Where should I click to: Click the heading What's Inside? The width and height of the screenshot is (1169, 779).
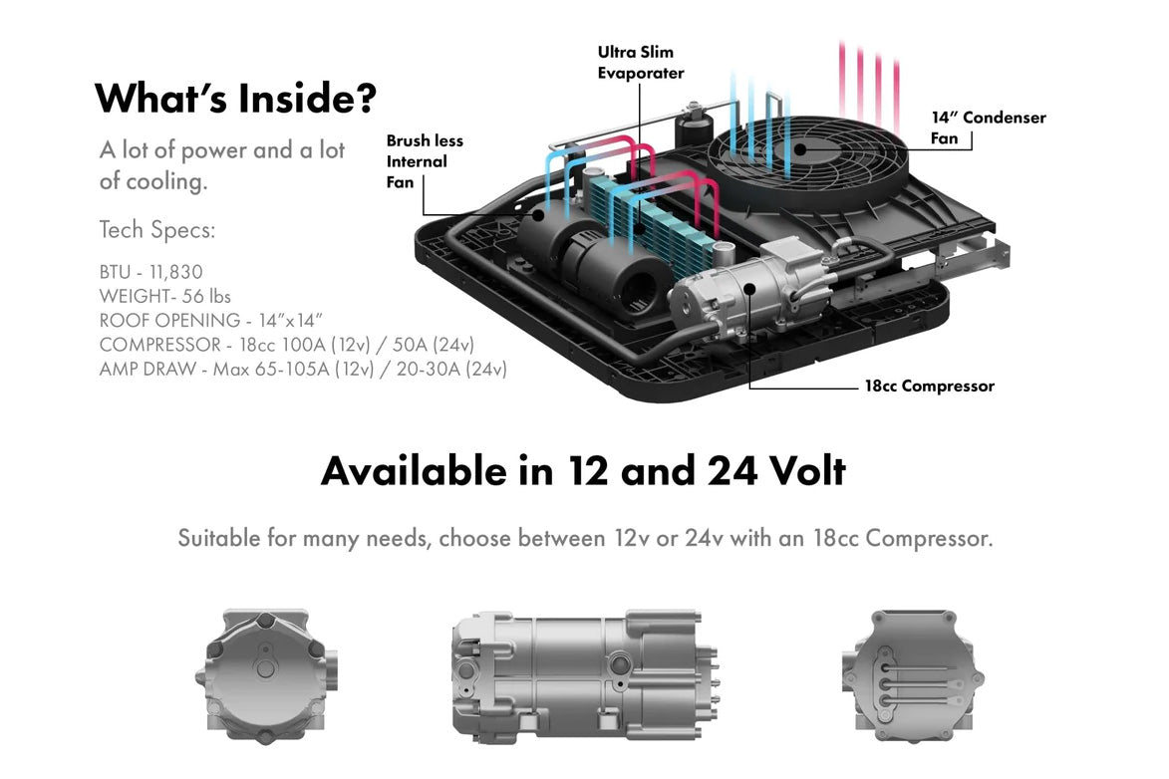tap(235, 99)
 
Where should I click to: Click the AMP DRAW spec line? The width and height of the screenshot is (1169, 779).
tap(303, 369)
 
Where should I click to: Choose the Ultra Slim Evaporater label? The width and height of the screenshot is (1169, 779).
tap(641, 62)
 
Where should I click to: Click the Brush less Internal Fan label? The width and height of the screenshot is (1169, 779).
tap(424, 161)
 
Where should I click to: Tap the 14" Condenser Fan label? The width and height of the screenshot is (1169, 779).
tap(988, 128)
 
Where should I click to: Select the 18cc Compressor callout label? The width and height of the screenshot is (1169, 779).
tap(929, 387)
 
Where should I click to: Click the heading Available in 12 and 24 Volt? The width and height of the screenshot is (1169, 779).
tap(583, 470)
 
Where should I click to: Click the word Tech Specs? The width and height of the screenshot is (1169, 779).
tap(156, 230)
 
